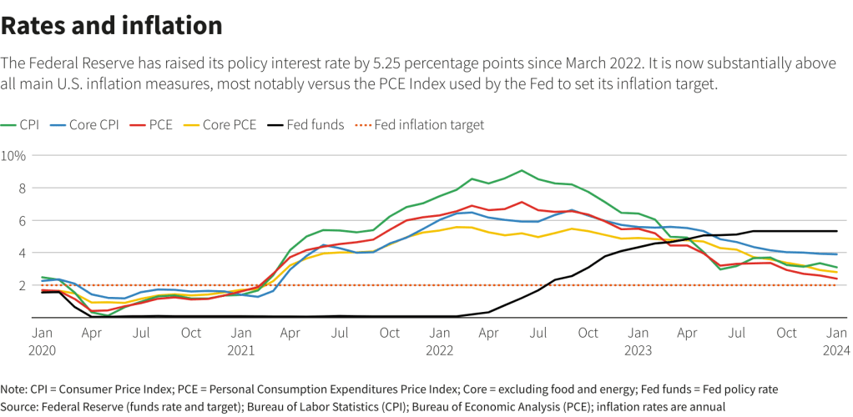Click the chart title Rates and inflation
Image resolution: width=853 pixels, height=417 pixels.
pyautogui.click(x=112, y=26)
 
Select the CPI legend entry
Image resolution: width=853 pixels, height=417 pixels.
pyautogui.click(x=22, y=125)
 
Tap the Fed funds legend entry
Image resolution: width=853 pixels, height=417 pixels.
pyautogui.click(x=305, y=125)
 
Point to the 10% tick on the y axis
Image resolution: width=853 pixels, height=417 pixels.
pyautogui.click(x=14, y=156)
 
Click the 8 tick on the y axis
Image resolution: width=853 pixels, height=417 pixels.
pyautogui.click(x=23, y=188)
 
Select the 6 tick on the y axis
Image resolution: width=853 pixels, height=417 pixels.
pyautogui.click(x=23, y=220)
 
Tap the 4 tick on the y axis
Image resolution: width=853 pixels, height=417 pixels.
pyautogui.click(x=23, y=253)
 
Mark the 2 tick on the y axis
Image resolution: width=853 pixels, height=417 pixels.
pyautogui.click(x=23, y=285)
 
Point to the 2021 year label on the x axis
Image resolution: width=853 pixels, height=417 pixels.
pyautogui.click(x=241, y=349)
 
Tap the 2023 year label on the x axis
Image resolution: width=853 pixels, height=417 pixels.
pyautogui.click(x=638, y=349)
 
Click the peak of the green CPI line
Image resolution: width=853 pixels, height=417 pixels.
pyautogui.click(x=522, y=170)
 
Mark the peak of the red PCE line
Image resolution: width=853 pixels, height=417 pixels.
pyautogui.click(x=522, y=202)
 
